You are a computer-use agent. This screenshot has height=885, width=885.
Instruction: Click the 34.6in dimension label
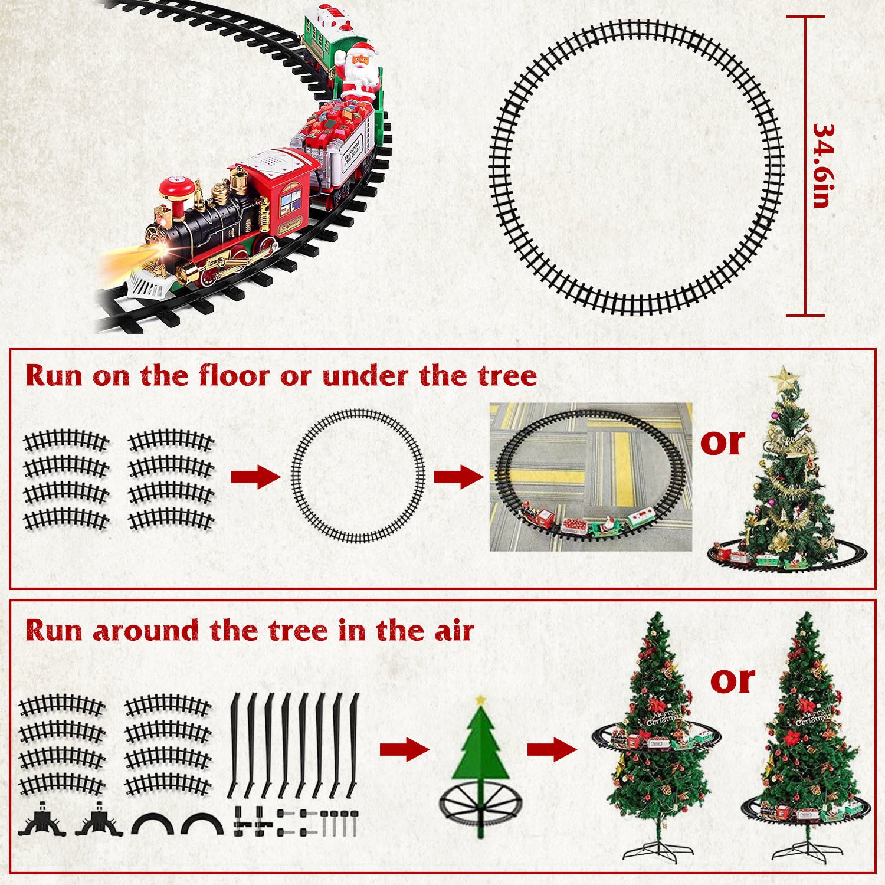(x=822, y=166)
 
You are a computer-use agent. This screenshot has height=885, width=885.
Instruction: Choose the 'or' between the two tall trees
(x=732, y=680)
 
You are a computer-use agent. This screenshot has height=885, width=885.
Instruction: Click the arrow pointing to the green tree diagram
(x=404, y=750)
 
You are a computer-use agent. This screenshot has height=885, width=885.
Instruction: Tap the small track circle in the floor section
(x=358, y=476)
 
